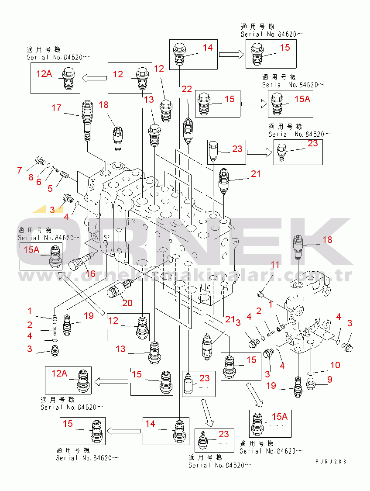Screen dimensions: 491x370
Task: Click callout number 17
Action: (56, 107)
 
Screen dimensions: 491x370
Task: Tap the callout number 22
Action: (187, 90)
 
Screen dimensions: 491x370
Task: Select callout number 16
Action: (90, 274)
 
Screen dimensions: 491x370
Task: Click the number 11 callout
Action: (275, 265)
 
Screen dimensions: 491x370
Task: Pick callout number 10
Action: (335, 365)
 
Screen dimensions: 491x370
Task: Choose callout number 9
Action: (330, 380)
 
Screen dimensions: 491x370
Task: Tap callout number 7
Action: (19, 170)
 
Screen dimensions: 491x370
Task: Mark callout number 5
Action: (50, 188)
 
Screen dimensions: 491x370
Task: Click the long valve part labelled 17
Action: (87, 119)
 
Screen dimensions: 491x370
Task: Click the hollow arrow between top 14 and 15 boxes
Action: (231, 55)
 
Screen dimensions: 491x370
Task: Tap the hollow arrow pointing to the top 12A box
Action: (95, 78)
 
